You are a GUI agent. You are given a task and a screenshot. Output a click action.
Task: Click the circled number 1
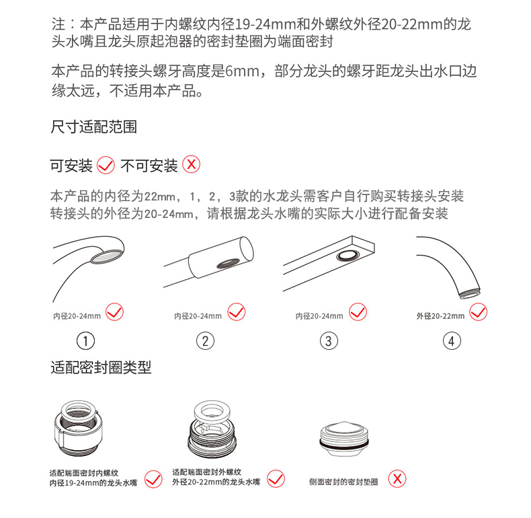point(85,341)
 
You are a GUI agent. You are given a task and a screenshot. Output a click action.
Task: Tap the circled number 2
point(205,341)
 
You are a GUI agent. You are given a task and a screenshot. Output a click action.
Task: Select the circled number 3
point(329,341)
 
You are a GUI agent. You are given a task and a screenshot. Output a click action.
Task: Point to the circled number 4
point(452,341)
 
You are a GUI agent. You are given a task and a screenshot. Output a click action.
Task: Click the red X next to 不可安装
point(192,165)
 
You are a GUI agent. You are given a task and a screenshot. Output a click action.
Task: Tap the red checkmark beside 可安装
point(106,165)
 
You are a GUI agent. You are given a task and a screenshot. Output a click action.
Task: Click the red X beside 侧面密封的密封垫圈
point(397,479)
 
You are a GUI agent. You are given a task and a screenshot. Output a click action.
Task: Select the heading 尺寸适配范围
point(94,127)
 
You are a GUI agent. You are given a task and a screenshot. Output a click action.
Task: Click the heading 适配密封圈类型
point(101,367)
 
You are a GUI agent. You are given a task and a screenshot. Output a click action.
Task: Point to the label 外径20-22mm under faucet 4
point(440,316)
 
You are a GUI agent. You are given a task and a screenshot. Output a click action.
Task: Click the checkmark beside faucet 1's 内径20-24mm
point(114,312)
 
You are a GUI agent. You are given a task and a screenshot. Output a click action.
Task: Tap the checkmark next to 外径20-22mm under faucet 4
point(478,312)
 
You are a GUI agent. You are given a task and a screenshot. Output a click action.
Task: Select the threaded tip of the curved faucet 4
point(470,293)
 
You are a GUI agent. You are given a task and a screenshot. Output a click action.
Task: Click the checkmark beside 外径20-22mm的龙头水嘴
point(276,479)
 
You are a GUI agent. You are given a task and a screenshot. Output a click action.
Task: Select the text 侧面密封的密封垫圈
point(343,482)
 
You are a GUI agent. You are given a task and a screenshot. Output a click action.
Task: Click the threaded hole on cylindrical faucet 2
point(228,263)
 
